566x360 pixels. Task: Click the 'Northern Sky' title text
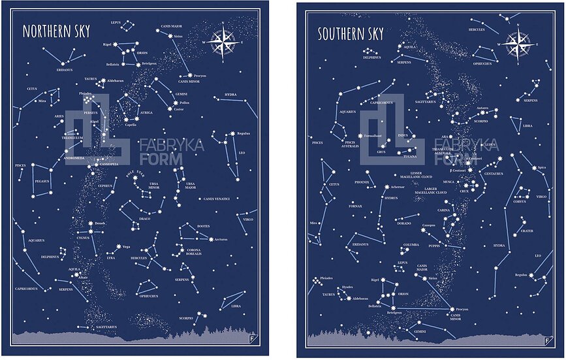coord(56,31)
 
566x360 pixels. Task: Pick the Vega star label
coord(126,246)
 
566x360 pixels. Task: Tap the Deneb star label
coord(100,223)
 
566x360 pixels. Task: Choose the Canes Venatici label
coord(217,198)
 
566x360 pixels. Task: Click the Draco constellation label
coord(145,218)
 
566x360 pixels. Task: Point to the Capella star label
coord(131,125)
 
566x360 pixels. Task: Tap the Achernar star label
coord(398,187)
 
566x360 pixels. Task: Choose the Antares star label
coord(482,108)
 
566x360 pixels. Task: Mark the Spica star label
coord(541,168)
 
